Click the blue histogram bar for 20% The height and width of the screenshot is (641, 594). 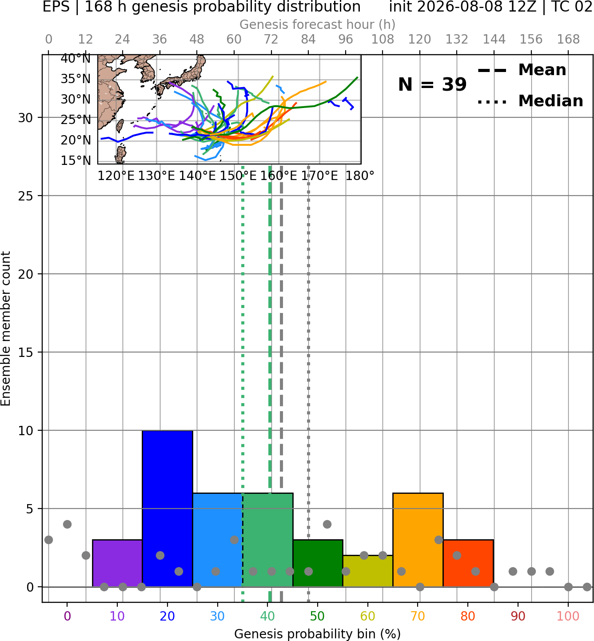coord(167,509)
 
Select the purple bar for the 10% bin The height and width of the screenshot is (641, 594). coord(117,564)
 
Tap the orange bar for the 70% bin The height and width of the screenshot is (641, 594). coord(418,540)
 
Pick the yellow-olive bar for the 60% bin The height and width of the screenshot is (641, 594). coord(368,571)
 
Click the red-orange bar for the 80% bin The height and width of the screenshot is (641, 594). coord(468,564)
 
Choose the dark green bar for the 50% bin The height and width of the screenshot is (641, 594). coord(318,564)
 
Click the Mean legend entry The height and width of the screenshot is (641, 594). coord(522,70)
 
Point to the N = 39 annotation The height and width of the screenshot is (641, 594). coord(432,84)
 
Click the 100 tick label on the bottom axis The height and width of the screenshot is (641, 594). coord(568,617)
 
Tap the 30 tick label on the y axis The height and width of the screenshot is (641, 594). coord(25,118)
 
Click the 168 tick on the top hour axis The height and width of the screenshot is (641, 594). coord(568,40)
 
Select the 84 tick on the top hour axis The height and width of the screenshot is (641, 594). coord(308,40)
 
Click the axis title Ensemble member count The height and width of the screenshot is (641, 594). coord(5,329)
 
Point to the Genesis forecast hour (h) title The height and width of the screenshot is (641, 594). coord(318,24)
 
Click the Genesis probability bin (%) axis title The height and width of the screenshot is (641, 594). coord(318,634)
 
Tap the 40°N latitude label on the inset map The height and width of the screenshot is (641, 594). coord(76,58)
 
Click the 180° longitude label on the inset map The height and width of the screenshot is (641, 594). coord(360,176)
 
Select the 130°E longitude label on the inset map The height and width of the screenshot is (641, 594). coord(156,176)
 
